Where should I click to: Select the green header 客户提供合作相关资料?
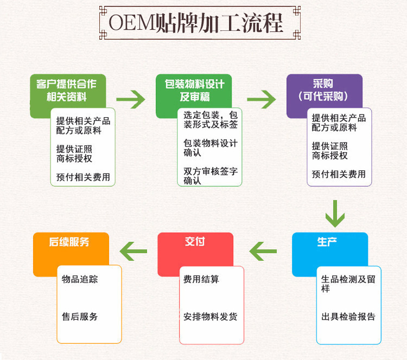tap(67, 91)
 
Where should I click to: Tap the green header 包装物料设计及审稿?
tap(194, 91)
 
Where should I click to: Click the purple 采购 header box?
tap(324, 90)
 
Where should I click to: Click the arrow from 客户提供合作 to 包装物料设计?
tap(131, 99)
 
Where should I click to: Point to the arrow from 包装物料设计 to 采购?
tap(261, 99)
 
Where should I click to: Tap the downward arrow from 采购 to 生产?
tap(335, 214)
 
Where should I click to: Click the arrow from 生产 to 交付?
tap(263, 250)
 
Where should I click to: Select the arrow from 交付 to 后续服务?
tap(133, 250)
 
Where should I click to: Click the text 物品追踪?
tap(80, 279)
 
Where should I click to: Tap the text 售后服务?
tap(80, 317)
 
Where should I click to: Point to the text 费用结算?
tap(201, 279)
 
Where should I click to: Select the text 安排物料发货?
tap(210, 317)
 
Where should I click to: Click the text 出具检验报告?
tap(348, 317)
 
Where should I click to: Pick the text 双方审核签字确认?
tap(211, 176)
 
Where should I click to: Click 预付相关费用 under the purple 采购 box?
tap(339, 174)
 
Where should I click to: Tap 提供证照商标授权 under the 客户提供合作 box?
tap(74, 153)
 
